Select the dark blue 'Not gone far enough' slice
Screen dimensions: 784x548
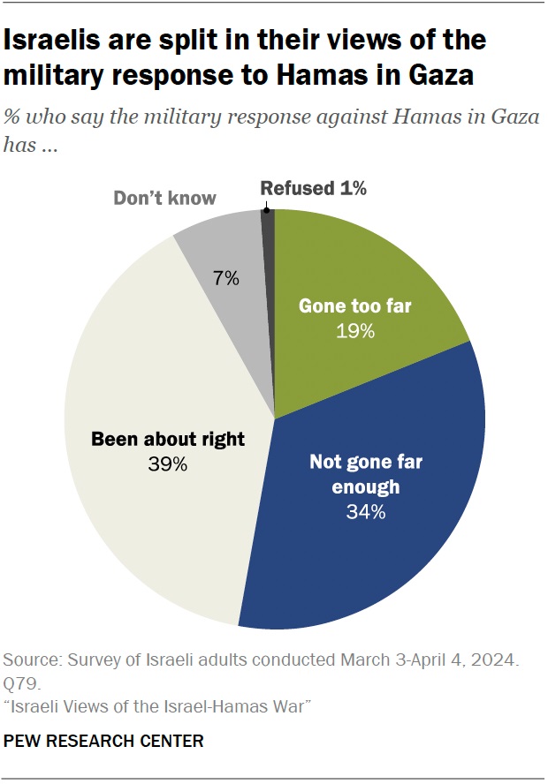371,530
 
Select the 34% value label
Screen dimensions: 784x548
367,511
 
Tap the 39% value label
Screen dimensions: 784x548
168,463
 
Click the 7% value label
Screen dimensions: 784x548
226,278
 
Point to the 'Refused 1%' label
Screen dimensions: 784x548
313,187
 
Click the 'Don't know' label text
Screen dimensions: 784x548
164,197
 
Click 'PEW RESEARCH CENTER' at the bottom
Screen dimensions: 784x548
104,741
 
